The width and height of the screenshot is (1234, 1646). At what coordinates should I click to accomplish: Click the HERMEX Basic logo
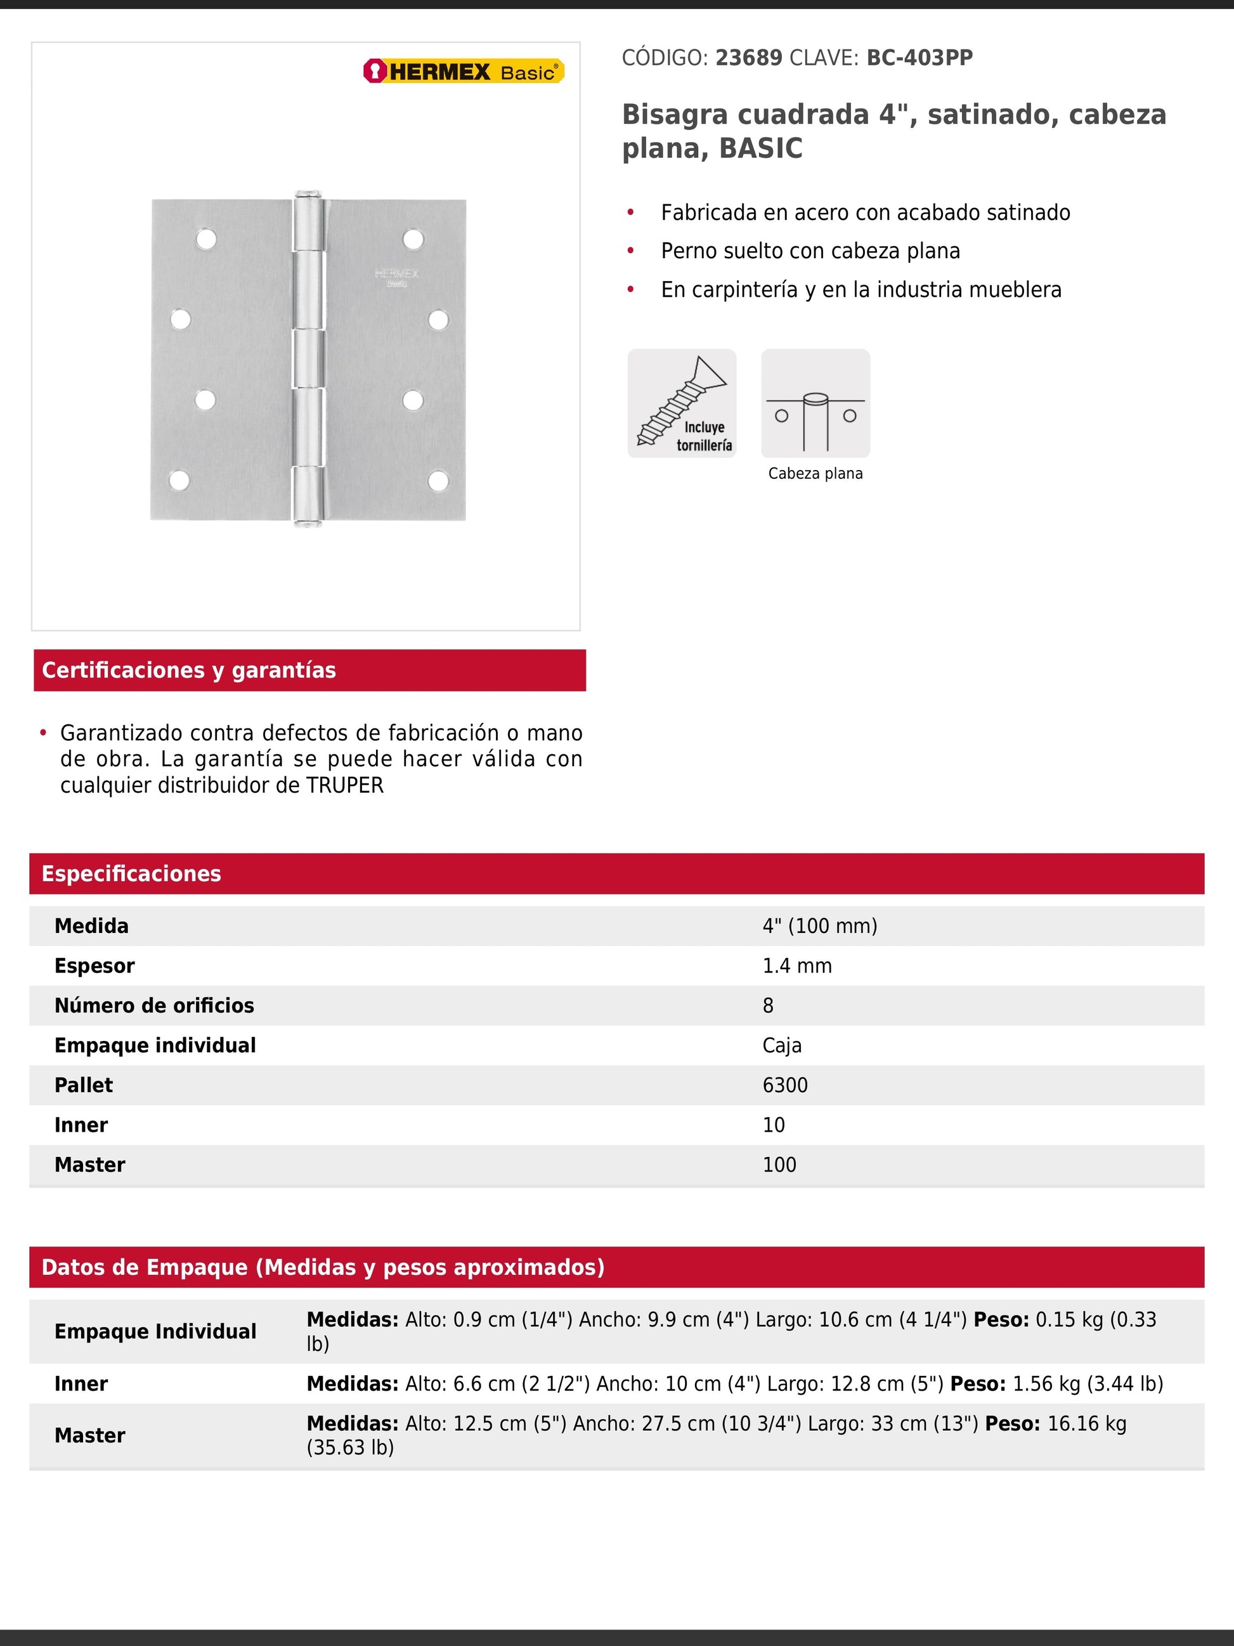pyautogui.click(x=464, y=72)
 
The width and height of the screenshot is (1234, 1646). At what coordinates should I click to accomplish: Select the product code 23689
pyautogui.click(x=748, y=58)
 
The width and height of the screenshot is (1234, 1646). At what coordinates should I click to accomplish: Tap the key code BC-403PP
pyautogui.click(x=919, y=58)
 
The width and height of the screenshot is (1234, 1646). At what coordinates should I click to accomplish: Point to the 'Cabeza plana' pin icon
pyautogui.click(x=815, y=403)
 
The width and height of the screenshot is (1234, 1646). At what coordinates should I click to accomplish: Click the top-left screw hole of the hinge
pyautogui.click(x=206, y=239)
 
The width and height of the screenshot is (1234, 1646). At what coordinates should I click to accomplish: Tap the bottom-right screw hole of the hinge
pyautogui.click(x=438, y=481)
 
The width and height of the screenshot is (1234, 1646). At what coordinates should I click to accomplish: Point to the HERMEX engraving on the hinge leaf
pyautogui.click(x=396, y=276)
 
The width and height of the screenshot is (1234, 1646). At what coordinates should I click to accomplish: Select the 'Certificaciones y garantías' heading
pyautogui.click(x=189, y=670)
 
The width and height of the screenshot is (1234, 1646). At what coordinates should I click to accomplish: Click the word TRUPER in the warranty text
pyautogui.click(x=345, y=786)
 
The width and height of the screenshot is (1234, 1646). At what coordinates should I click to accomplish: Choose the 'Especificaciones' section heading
pyautogui.click(x=132, y=873)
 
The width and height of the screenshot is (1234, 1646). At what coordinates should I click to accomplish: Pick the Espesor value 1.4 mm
pyautogui.click(x=796, y=966)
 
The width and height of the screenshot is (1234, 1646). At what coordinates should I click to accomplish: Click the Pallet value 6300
pyautogui.click(x=785, y=1085)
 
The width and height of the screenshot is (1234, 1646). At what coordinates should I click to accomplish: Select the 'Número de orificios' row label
pyautogui.click(x=154, y=1006)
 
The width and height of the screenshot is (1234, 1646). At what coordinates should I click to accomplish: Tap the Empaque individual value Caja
pyautogui.click(x=782, y=1045)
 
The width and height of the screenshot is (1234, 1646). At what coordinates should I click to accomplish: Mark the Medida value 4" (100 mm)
pyautogui.click(x=820, y=927)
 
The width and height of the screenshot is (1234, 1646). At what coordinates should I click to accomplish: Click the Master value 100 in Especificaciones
pyautogui.click(x=779, y=1165)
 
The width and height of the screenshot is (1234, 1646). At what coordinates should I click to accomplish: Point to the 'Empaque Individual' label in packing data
pyautogui.click(x=155, y=1331)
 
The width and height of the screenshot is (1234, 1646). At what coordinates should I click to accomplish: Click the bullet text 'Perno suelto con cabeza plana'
pyautogui.click(x=810, y=252)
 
